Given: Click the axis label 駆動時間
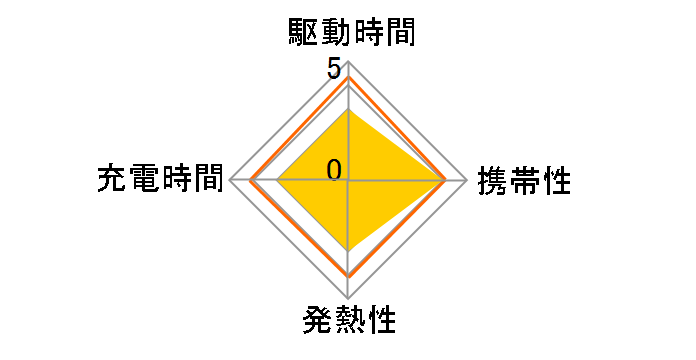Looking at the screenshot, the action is [x=347, y=34].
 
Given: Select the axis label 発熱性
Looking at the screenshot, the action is [x=348, y=322].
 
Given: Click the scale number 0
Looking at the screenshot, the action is [x=334, y=170].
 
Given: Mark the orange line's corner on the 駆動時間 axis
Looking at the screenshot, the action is [x=348, y=77].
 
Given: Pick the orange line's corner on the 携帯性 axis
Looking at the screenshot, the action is [x=446, y=181].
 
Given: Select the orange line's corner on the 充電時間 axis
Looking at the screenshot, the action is [x=251, y=181].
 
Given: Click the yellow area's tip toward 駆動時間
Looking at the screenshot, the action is [x=348, y=110].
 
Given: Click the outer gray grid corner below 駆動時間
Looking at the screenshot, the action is [x=348, y=63].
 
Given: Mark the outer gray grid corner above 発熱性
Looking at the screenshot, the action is [x=348, y=298].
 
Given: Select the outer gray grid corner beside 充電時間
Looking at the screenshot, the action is [x=230, y=181].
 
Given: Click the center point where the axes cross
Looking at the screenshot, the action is [x=348, y=181].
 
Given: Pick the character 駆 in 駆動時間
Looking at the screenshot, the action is [x=299, y=34].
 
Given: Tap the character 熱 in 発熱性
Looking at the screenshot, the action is [x=348, y=322].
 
